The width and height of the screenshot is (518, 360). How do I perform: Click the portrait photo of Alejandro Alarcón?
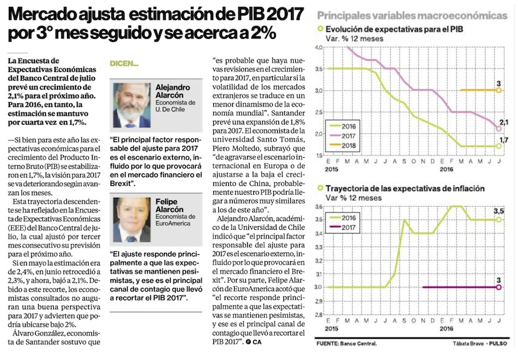tap(132, 105)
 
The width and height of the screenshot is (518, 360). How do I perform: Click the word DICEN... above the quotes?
tap(123, 64)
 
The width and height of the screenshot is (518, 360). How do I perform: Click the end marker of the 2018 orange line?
tap(499, 90)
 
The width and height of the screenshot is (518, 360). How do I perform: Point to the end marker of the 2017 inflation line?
tap(499, 287)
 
